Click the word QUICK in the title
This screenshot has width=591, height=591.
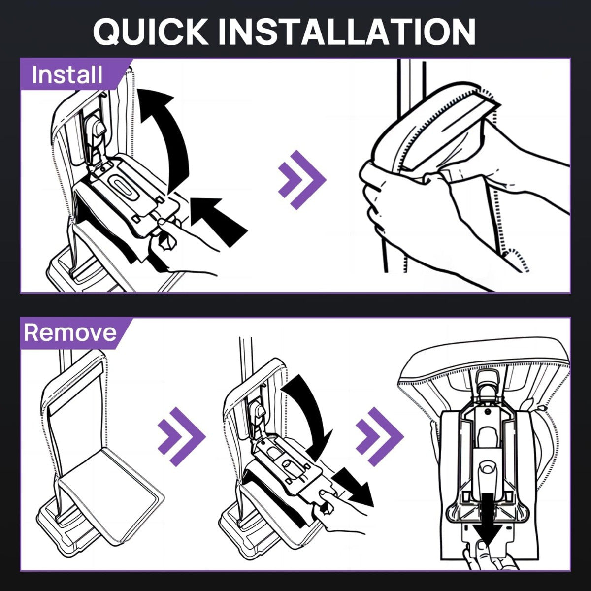coord(150,32)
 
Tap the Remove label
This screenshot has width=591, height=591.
coord(70,332)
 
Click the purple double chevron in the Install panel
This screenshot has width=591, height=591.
coord(302,180)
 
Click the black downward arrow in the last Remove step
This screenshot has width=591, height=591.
coord(488,522)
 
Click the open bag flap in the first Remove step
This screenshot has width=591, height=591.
coord(112,491)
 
